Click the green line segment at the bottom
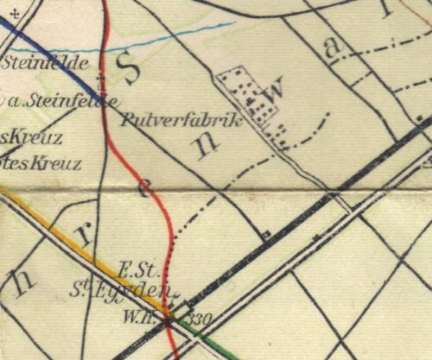tap(220, 340)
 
